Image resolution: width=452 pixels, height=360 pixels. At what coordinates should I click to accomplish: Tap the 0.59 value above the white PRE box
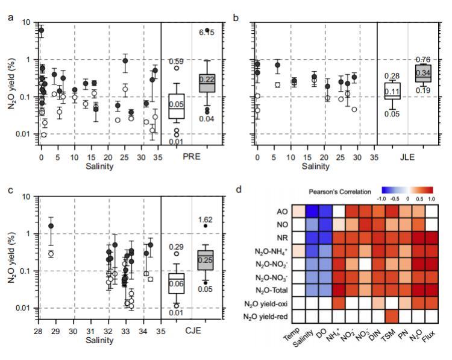pyautogui.click(x=176, y=62)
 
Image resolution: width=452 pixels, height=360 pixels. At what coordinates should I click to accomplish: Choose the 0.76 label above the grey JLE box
pyautogui.click(x=422, y=59)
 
